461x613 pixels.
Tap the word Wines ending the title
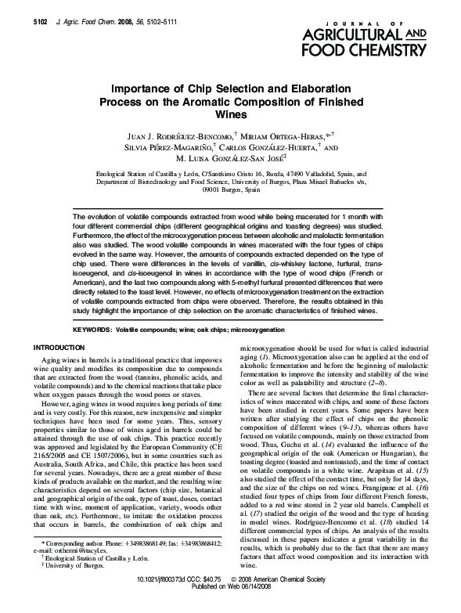[x=230, y=114]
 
